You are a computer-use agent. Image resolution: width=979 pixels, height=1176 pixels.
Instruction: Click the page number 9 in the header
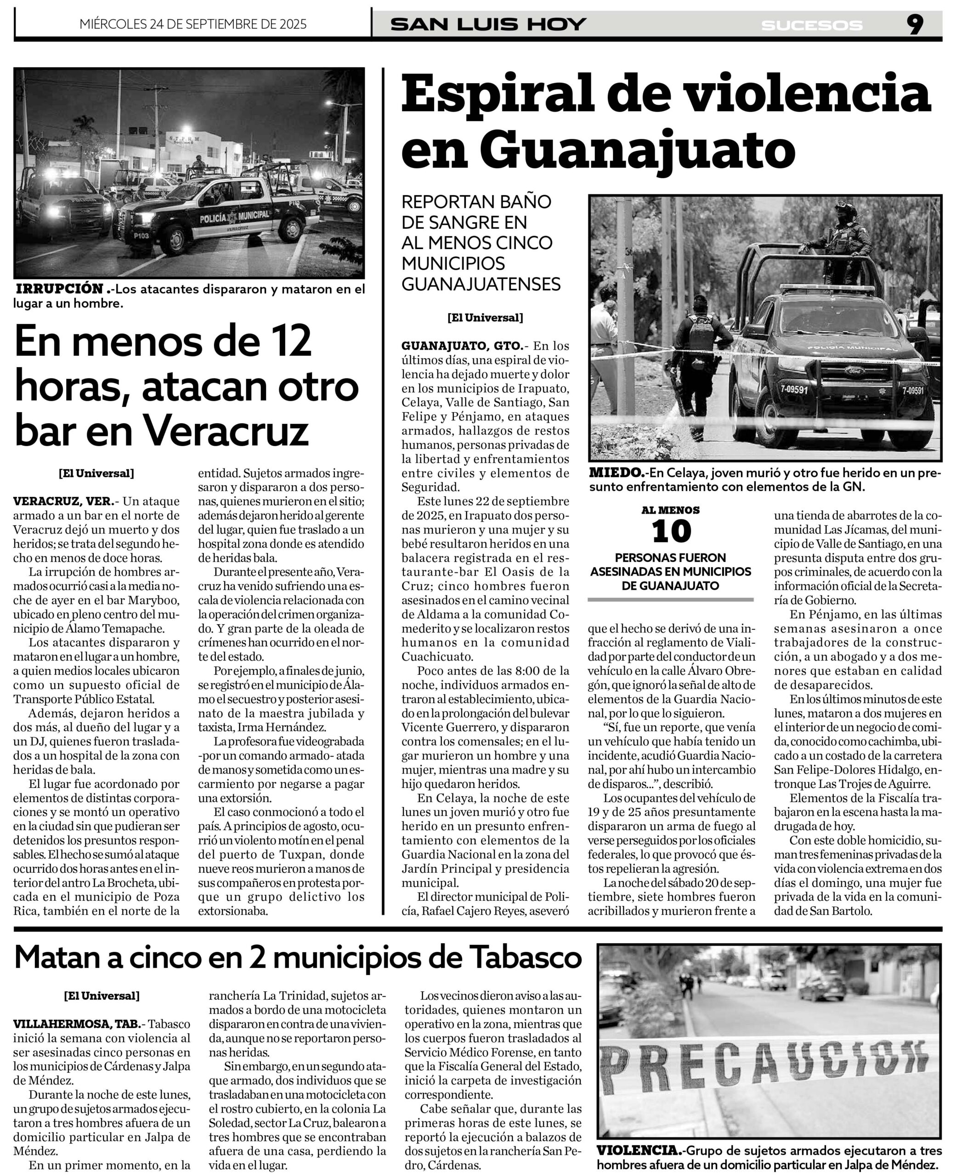tap(915, 25)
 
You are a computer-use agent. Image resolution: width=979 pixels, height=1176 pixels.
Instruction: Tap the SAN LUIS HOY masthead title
tap(488, 25)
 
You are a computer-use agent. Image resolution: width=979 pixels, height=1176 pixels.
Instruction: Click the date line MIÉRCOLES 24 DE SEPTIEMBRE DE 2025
tap(193, 24)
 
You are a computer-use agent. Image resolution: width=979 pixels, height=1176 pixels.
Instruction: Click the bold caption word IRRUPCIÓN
tap(60, 289)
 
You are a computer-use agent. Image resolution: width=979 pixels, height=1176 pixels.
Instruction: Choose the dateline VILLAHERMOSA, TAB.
tap(77, 1023)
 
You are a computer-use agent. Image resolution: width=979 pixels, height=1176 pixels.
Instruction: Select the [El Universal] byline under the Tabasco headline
tap(102, 995)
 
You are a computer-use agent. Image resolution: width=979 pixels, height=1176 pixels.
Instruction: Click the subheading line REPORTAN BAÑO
tap(476, 202)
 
